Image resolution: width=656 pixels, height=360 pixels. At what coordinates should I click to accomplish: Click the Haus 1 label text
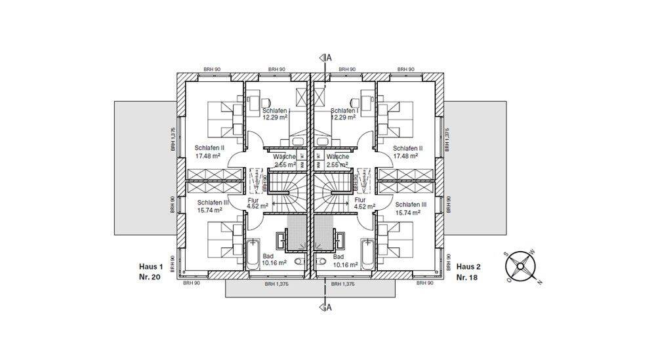150,267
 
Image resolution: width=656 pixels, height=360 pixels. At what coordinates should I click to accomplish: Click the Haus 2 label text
468,267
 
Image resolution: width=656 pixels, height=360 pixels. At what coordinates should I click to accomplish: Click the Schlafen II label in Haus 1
210,149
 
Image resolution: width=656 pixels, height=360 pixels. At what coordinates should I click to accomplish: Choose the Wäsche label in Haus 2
337,157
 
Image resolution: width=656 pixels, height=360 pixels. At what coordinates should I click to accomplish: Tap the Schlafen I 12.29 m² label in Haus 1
276,114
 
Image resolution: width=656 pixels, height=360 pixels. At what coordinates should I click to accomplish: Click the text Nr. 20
150,277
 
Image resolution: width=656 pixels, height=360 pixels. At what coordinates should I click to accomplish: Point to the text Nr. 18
468,277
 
